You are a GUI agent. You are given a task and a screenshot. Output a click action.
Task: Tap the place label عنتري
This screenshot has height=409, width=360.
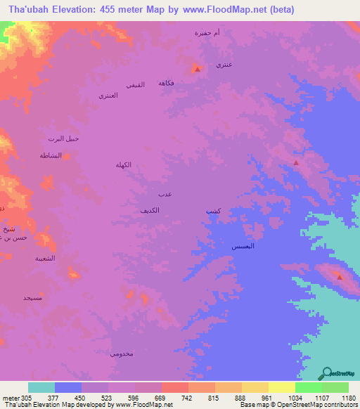click(x=224, y=65)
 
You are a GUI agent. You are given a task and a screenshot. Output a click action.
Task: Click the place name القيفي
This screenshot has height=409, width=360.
click(x=135, y=84)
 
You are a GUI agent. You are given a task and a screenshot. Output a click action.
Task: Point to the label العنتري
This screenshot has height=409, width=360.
click(x=108, y=94)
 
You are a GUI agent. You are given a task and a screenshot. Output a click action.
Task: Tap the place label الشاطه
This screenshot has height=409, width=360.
click(x=51, y=155)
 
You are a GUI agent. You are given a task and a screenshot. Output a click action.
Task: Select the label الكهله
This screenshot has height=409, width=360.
click(x=124, y=164)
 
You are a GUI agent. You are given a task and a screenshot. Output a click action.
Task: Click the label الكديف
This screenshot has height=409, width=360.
click(x=149, y=210)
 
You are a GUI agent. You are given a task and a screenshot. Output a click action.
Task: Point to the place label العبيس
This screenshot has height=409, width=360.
click(x=243, y=247)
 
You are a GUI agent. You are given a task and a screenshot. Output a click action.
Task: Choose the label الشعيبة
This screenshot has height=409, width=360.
click(x=46, y=259)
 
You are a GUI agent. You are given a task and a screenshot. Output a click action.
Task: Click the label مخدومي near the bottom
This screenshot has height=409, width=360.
click(x=120, y=353)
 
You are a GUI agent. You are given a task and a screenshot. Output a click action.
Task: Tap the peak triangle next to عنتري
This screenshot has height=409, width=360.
click(x=198, y=69)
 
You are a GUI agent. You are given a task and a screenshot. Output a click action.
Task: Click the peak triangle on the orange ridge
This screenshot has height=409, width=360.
click(x=340, y=276)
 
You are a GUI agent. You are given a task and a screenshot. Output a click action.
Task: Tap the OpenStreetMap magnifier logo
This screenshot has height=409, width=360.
click(x=326, y=373)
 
